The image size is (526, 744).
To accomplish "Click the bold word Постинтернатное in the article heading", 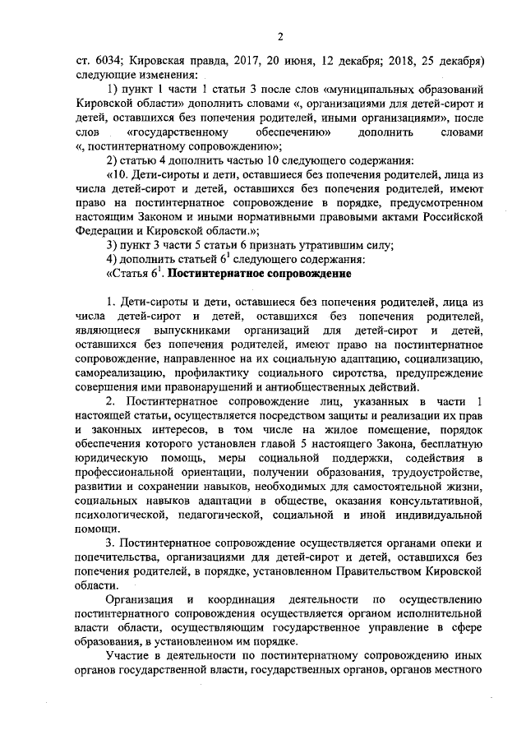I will point(228,274).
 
